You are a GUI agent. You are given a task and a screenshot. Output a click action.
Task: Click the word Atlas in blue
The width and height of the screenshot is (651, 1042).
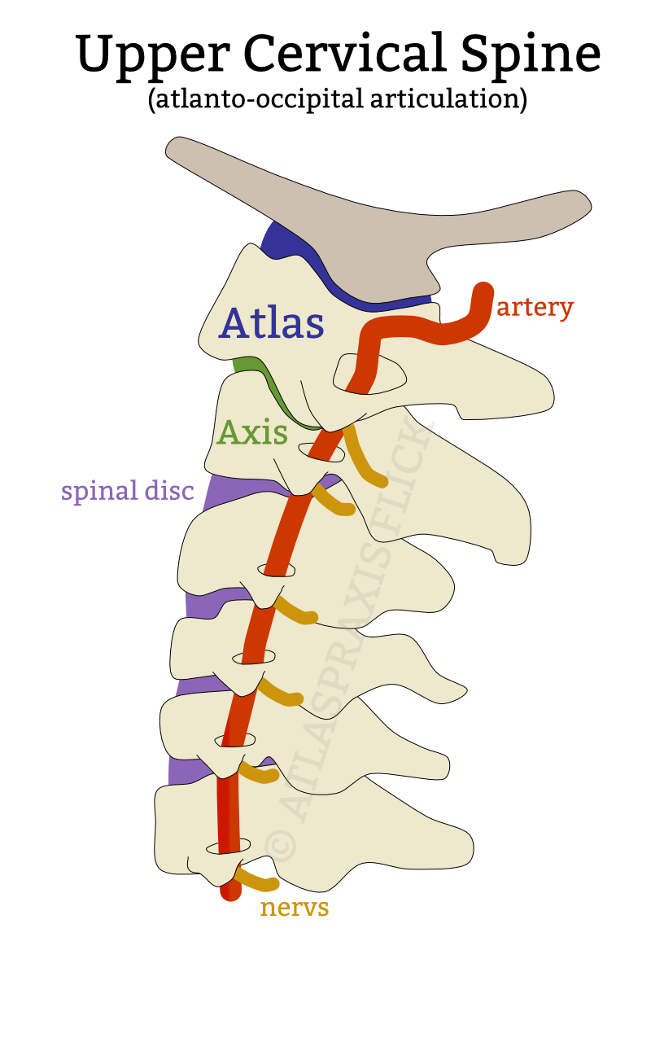[x=271, y=323]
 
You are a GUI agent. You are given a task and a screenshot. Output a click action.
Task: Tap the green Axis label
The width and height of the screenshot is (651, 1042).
[x=252, y=432]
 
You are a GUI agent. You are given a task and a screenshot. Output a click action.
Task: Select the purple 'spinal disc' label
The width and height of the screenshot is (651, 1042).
[x=128, y=491]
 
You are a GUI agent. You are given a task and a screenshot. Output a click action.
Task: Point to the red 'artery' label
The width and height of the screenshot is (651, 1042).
[x=535, y=308]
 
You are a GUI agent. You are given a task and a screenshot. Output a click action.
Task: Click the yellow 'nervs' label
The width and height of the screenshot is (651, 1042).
[x=294, y=907]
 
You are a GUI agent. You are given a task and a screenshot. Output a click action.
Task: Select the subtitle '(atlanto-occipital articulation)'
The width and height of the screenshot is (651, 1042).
[x=338, y=99]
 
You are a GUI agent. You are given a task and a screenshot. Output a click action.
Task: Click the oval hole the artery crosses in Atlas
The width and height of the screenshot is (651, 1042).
[x=370, y=375]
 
